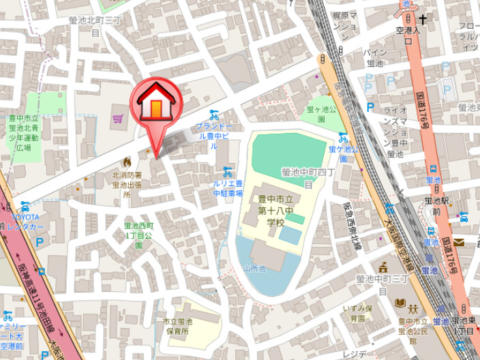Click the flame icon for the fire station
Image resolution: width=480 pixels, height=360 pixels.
(x=126, y=162)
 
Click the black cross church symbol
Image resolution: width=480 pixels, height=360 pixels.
(x=423, y=20)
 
